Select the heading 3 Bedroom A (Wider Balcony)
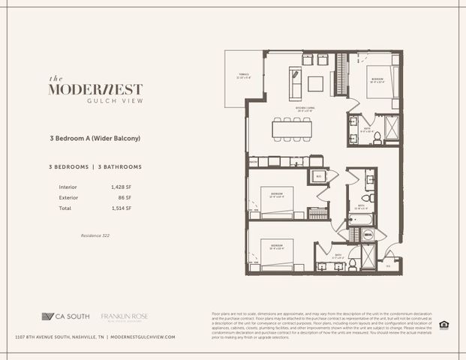pos(96,139)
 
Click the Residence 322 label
pos(95,235)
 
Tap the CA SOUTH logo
pos(66,316)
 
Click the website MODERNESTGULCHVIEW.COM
pos(143,337)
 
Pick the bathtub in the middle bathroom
pos(357,220)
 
